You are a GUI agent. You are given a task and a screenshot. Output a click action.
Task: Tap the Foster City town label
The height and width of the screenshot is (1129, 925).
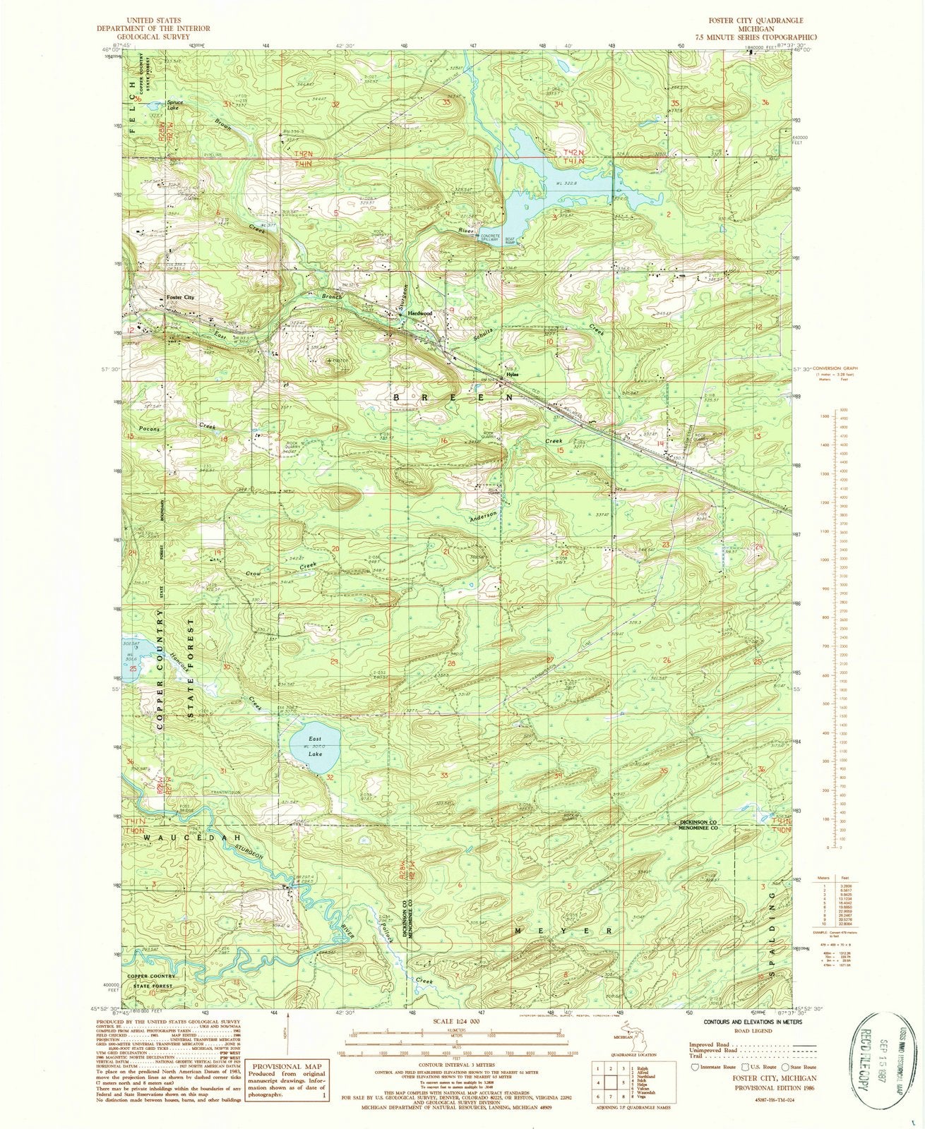179,298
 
